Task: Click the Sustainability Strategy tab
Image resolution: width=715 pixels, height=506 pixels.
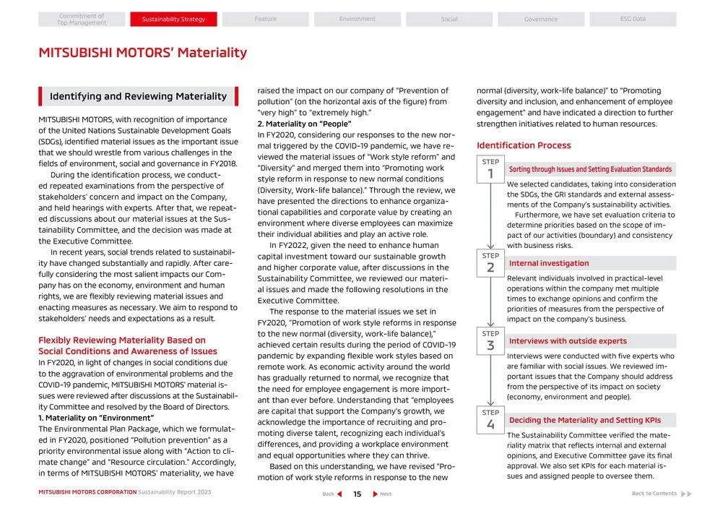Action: coord(173,20)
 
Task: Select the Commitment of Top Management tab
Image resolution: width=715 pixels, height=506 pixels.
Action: coord(82,20)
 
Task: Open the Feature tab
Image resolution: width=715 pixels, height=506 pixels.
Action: coord(265,20)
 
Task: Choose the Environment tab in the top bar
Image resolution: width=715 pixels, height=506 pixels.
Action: coord(357,20)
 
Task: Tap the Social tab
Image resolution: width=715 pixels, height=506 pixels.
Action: coord(448,20)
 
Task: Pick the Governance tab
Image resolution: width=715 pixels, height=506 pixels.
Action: coord(540,20)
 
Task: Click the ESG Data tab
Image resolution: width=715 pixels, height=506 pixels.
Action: coord(633,20)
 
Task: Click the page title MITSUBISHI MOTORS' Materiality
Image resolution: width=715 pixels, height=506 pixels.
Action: coord(142,53)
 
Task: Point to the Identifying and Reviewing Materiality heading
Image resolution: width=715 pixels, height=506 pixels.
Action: coord(138,96)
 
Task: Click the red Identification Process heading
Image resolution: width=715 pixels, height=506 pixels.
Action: coord(524,145)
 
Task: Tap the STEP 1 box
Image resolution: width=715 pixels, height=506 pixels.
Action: coord(490,169)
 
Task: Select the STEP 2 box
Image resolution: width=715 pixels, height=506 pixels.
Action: coord(490,263)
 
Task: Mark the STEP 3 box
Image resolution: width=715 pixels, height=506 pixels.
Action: coord(490,340)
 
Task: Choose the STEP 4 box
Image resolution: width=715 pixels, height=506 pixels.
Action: coord(490,420)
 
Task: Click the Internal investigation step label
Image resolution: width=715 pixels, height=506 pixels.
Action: coord(549,263)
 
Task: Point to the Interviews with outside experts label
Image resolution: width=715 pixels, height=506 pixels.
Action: coord(568,341)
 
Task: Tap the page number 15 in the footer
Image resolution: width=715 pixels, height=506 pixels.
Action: coord(357,494)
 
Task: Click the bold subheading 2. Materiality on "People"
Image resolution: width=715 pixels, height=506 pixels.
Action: coord(304,124)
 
